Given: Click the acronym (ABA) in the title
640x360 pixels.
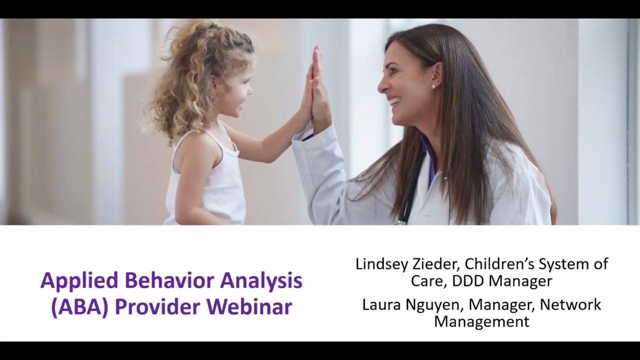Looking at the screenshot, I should pyautogui.click(x=79, y=307).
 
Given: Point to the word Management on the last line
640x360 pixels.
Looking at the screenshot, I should pyautogui.click(x=481, y=321).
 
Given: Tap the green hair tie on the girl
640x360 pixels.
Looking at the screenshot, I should pyautogui.click(x=216, y=26).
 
